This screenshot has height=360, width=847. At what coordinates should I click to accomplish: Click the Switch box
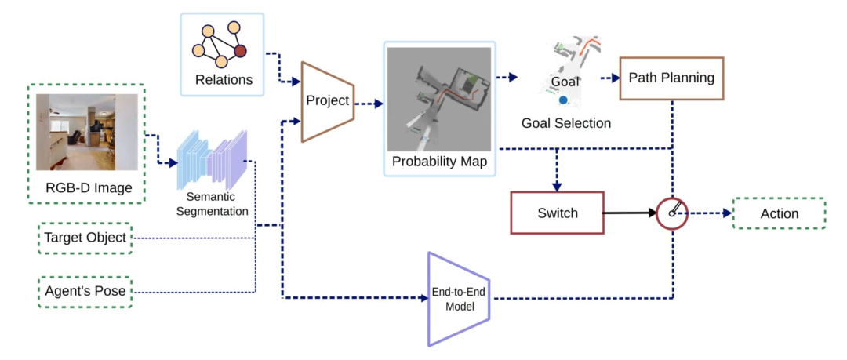tap(557, 213)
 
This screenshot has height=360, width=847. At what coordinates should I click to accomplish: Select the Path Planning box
tap(671, 78)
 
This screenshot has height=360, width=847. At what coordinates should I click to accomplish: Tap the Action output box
tap(779, 213)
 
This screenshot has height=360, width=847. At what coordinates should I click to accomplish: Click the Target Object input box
tap(85, 238)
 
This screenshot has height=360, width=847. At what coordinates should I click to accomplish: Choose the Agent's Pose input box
tap(85, 292)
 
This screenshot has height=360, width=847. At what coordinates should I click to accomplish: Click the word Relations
tap(224, 79)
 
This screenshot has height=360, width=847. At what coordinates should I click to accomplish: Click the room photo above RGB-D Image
tap(87, 132)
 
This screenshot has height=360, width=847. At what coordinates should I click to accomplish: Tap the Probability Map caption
tap(439, 162)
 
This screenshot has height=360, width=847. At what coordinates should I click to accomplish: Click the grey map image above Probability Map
tap(439, 99)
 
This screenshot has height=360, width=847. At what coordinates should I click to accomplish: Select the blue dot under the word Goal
tap(562, 100)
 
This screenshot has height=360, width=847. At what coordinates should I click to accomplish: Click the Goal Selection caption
tap(566, 123)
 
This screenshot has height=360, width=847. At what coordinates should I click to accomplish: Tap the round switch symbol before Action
tap(671, 213)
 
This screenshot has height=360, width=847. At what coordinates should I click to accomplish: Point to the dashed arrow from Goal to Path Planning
tap(609, 78)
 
